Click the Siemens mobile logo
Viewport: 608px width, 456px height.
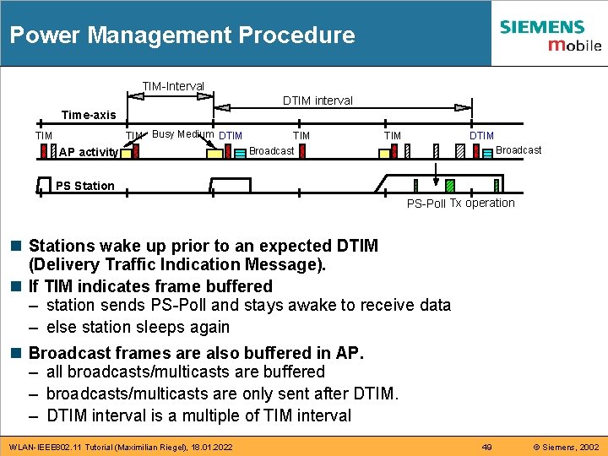(550, 35)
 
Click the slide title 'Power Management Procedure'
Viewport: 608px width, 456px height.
(182, 35)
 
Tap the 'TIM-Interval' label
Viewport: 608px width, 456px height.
(173, 86)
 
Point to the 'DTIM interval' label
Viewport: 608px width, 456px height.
(318, 100)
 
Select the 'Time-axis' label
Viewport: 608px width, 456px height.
(89, 115)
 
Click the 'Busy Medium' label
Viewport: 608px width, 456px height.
(182, 134)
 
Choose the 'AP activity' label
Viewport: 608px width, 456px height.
(89, 152)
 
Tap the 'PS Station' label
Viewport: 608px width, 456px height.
(84, 186)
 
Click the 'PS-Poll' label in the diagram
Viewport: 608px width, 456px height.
(426, 204)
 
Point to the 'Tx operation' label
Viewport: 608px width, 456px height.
(482, 203)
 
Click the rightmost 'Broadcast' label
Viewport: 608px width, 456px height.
(518, 150)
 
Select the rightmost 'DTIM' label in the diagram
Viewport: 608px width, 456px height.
(481, 135)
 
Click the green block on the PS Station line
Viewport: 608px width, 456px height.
(450, 186)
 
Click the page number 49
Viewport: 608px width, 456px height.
(486, 446)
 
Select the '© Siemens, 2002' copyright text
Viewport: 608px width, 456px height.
(566, 446)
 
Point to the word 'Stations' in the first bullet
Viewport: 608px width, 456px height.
(62, 246)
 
